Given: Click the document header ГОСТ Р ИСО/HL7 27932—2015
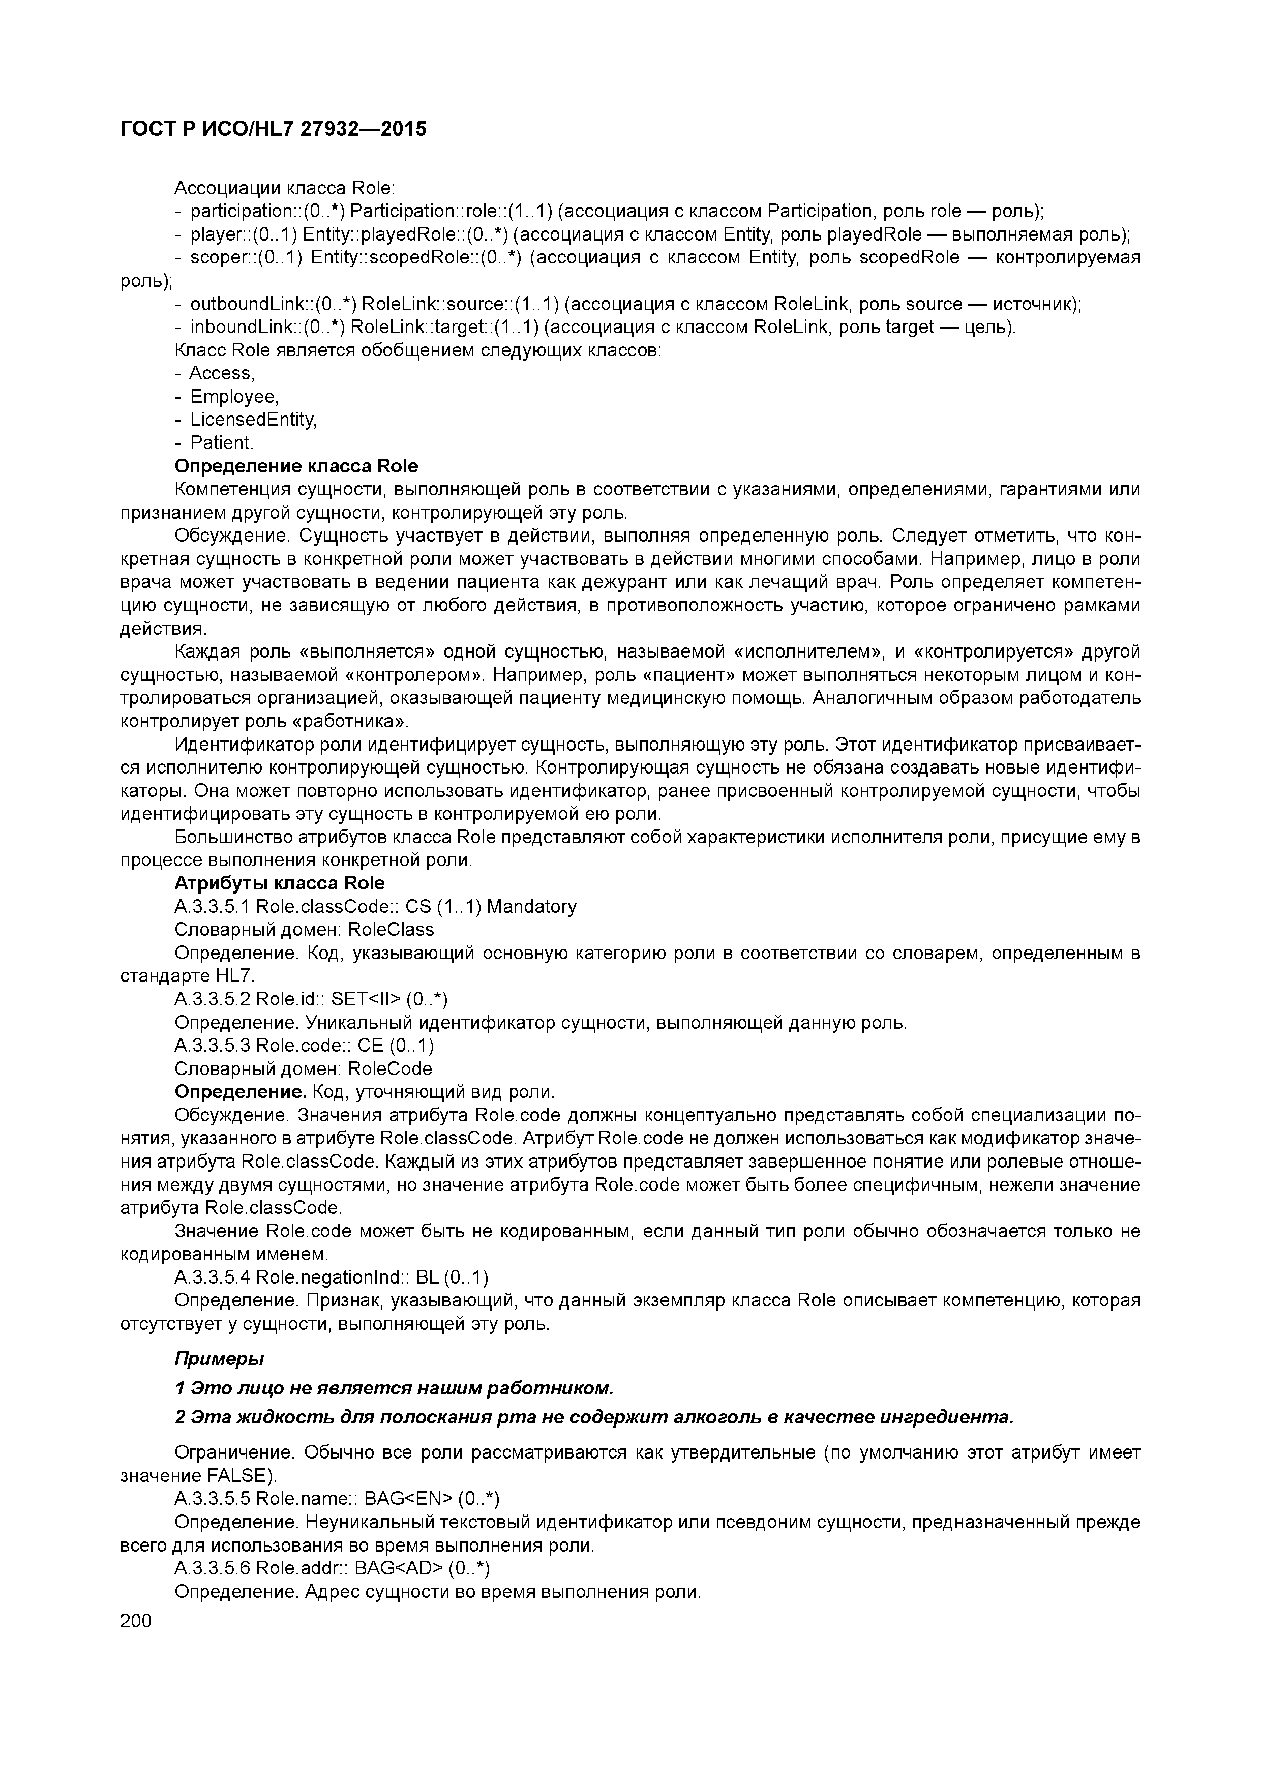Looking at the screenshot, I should (274, 130).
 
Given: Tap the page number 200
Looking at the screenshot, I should (136, 1620).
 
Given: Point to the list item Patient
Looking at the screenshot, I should (222, 443).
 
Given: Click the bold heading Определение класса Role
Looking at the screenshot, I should (296, 466).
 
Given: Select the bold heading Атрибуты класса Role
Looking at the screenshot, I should (279, 883).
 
